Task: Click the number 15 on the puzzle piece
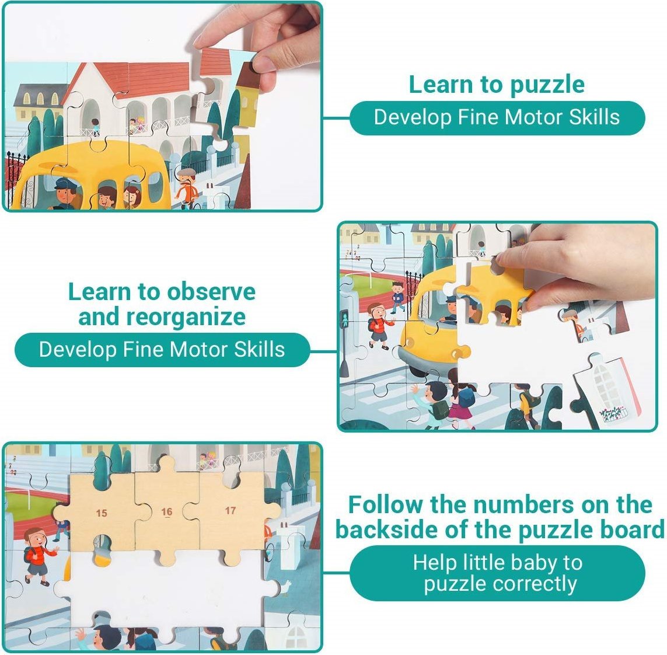[x=102, y=513]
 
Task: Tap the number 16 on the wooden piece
[x=167, y=512]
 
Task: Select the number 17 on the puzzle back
[x=231, y=510]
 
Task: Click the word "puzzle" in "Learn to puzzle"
[x=547, y=86]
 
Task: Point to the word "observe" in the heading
[x=211, y=292]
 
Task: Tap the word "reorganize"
[x=186, y=318]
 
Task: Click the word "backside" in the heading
[x=387, y=530]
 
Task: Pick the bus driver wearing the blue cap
[x=66, y=194]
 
